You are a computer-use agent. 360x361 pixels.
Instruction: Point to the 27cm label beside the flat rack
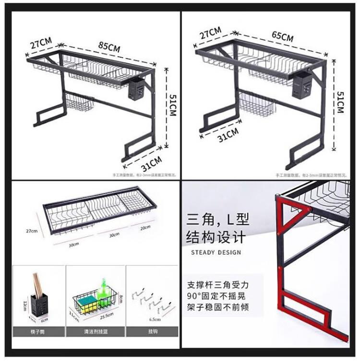click(x=32, y=231)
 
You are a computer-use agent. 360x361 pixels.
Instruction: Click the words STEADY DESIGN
click(x=216, y=252)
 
